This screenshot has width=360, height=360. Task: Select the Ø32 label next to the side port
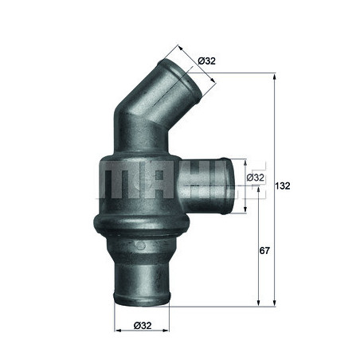coord(256,178)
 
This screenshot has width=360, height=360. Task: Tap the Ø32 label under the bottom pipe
coord(144,325)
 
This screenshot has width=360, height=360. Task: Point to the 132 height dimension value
coord(282,186)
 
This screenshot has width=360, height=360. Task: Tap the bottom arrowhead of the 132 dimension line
coord(274,303)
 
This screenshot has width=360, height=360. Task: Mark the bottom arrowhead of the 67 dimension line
coord(257,303)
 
